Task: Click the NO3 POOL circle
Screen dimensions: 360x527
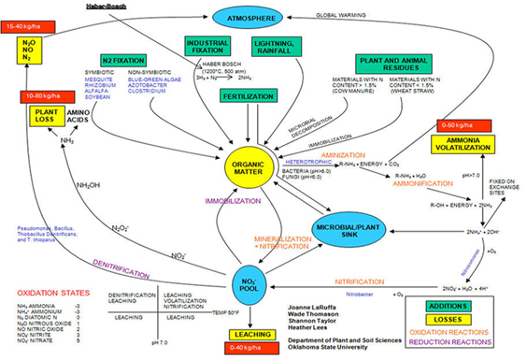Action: [x=249, y=282]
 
